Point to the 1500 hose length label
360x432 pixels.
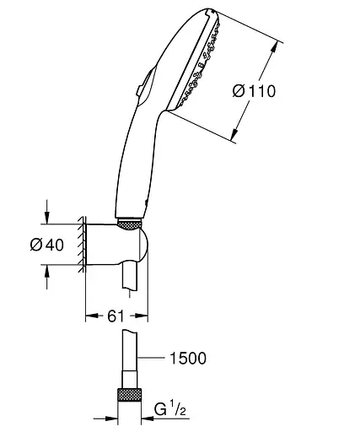(x=186, y=359)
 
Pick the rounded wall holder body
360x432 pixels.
(x=118, y=246)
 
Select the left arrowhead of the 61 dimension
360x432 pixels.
(x=90, y=316)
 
